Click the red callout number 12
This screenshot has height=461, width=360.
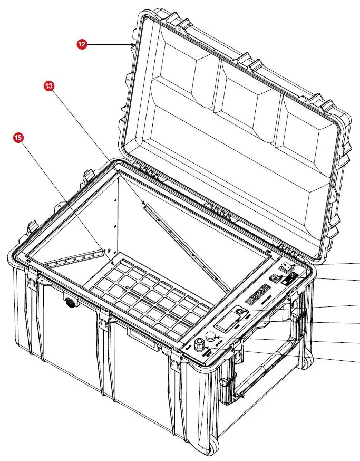pyautogui.click(x=82, y=45)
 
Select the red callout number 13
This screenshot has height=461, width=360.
pyautogui.click(x=50, y=85)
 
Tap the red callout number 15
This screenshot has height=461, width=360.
pyautogui.click(x=18, y=138)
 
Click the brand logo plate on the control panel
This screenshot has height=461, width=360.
pyautogui.click(x=260, y=293)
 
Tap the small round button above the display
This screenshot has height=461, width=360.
pyautogui.click(x=240, y=312)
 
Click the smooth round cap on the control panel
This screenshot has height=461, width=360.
pyautogui.click(x=210, y=337)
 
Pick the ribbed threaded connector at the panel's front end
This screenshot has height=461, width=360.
pyautogui.click(x=200, y=347)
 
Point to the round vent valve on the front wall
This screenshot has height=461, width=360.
pyautogui.click(x=69, y=303)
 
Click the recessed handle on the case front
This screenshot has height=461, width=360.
pyautogui.click(x=143, y=339)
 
